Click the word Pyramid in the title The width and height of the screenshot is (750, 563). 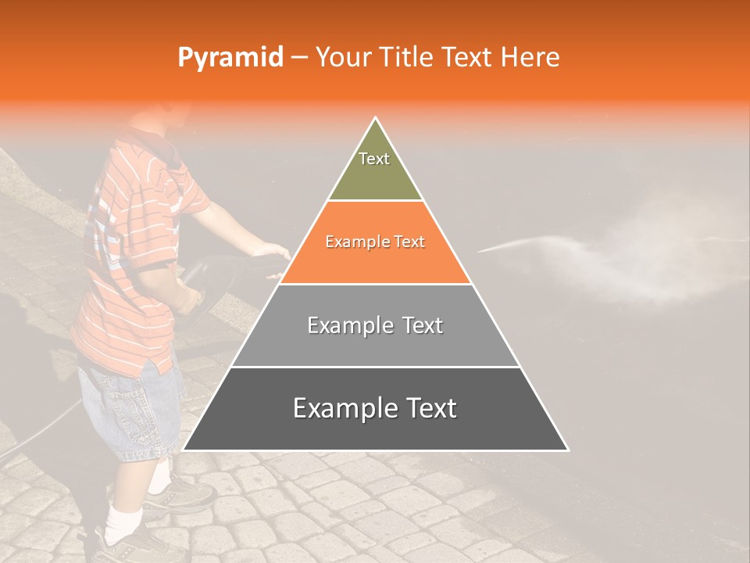click(230, 58)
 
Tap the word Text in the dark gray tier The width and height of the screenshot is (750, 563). click(425, 408)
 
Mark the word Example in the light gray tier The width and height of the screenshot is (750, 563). click(341, 325)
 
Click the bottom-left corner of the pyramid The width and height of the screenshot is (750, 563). click(184, 450)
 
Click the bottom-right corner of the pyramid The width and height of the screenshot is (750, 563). click(568, 450)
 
